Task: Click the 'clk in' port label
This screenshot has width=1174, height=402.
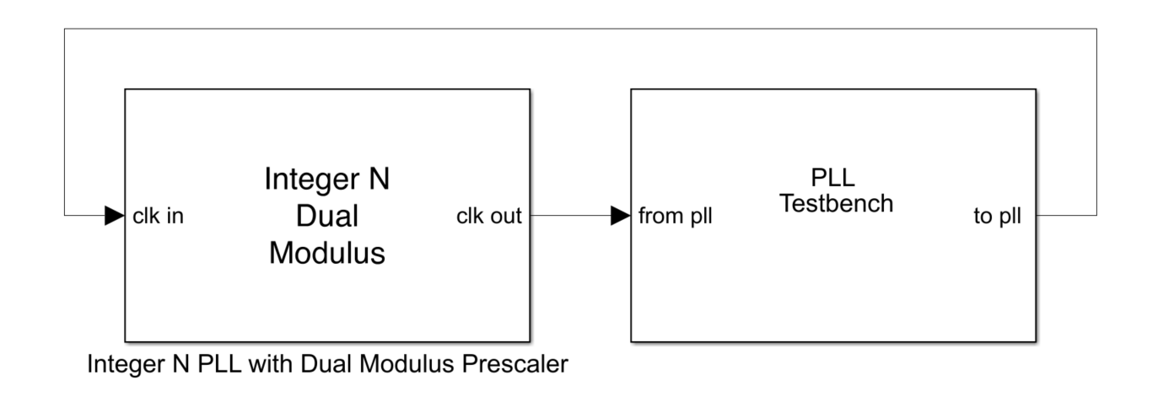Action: [159, 217]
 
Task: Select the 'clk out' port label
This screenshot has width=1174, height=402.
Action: [488, 217]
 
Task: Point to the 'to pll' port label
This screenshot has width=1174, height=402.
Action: [997, 217]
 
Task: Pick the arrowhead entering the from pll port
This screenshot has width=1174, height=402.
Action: [621, 216]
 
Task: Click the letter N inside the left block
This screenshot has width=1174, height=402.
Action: [380, 180]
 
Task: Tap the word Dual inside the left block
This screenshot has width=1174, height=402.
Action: [327, 216]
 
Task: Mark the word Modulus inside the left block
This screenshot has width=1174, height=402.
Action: [327, 252]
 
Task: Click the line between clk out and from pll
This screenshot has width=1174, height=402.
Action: [569, 216]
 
